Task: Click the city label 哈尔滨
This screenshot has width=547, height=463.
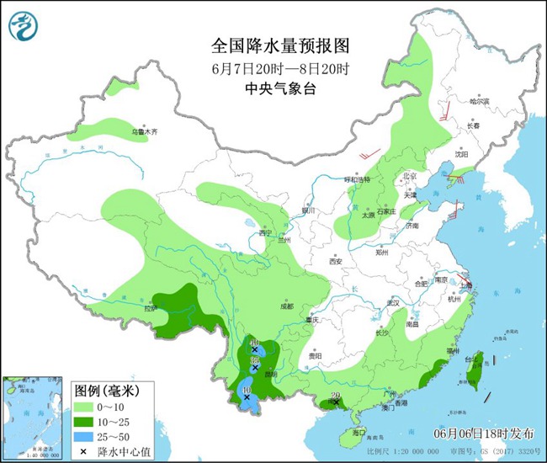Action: pyautogui.click(x=480, y=101)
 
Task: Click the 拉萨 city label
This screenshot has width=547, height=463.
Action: pyautogui.click(x=151, y=308)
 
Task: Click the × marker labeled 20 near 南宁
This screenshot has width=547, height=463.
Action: pyautogui.click(x=336, y=402)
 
